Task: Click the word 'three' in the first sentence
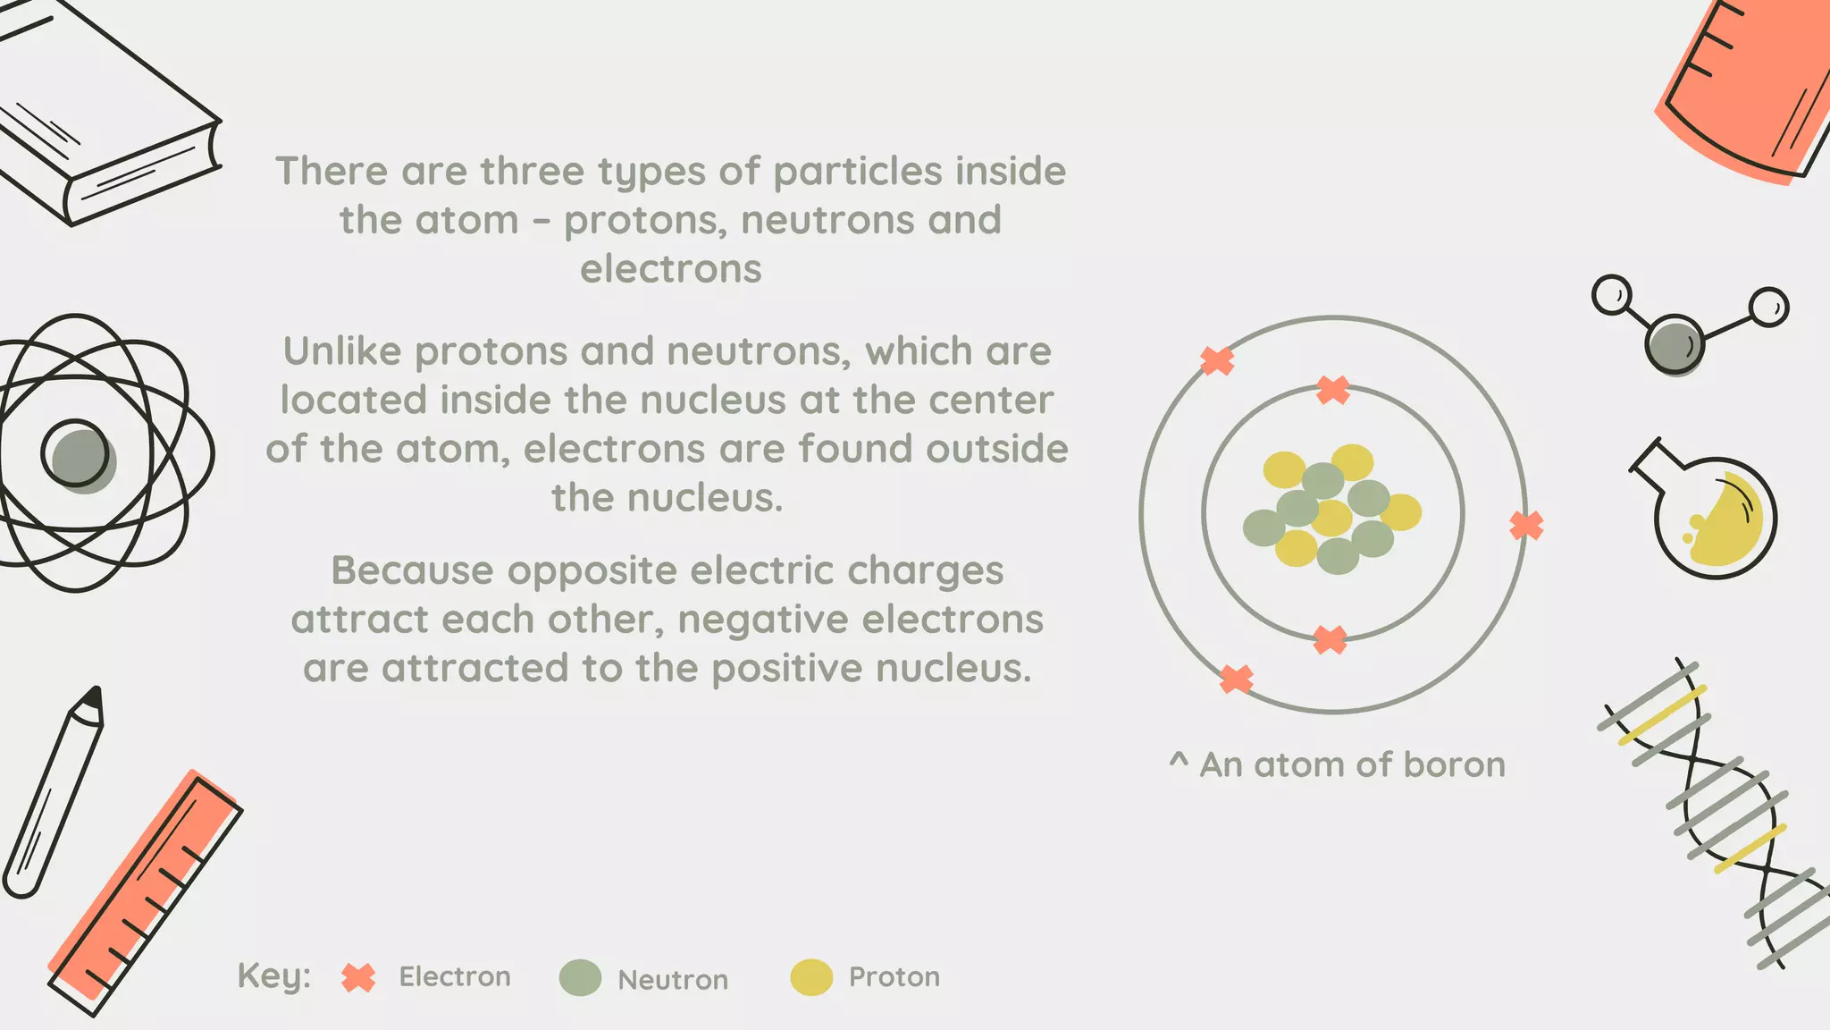[x=532, y=171]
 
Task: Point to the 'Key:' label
[x=273, y=976]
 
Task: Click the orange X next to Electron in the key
[x=358, y=978]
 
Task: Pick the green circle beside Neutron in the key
[x=580, y=978]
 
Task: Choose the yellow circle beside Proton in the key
[x=811, y=978]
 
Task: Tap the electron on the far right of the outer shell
[x=1526, y=525]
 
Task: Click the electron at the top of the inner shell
[x=1333, y=390]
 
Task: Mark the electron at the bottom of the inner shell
[x=1330, y=640]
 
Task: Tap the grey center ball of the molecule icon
[x=1674, y=343]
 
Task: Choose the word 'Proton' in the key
[x=894, y=977]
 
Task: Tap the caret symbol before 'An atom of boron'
[x=1179, y=762]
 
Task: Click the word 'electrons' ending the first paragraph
[x=670, y=269]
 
